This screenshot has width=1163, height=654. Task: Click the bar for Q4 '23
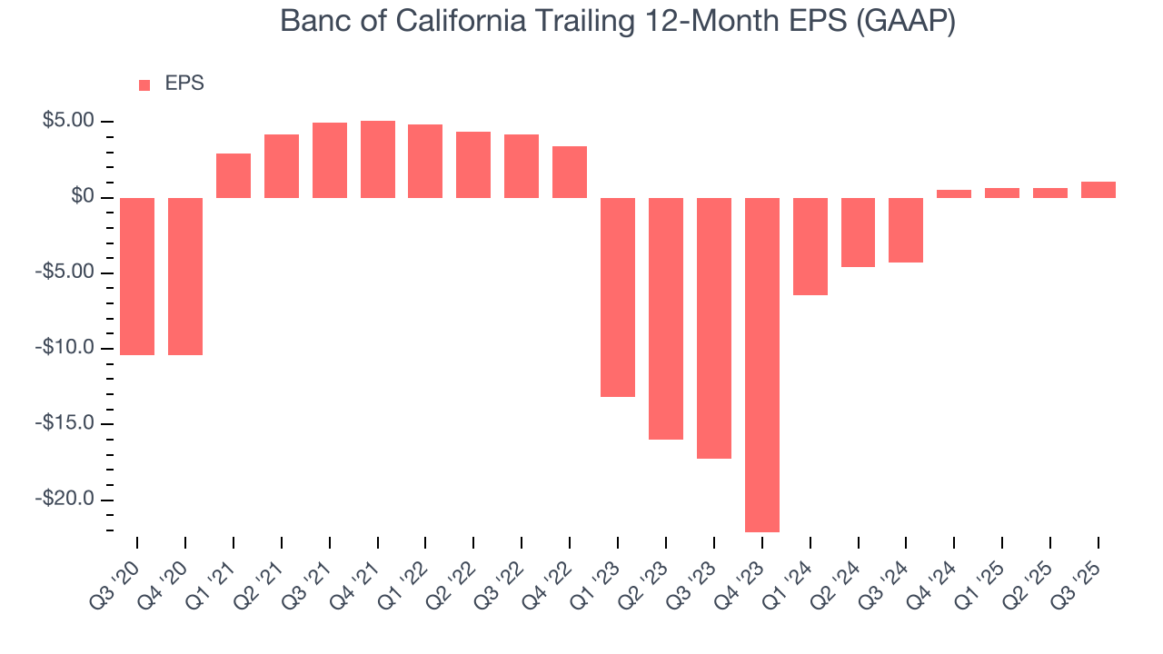(762, 364)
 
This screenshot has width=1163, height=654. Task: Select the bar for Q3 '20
(137, 276)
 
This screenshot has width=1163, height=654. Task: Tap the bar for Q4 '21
(378, 159)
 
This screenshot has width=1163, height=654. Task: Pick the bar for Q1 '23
(618, 297)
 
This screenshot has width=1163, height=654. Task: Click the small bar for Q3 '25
(1098, 190)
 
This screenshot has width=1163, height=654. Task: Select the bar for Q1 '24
(810, 246)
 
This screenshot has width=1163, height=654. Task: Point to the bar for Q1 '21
(234, 175)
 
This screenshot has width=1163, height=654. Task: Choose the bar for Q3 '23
(714, 328)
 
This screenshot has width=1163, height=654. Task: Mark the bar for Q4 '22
(570, 172)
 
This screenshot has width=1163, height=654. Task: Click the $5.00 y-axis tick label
(68, 121)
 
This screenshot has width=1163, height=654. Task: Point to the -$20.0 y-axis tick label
(68, 500)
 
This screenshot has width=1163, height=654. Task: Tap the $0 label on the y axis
(84, 197)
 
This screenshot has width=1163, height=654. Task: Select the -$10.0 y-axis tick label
(68, 348)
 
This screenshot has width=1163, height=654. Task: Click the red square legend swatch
(144, 85)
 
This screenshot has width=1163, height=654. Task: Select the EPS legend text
(184, 84)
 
